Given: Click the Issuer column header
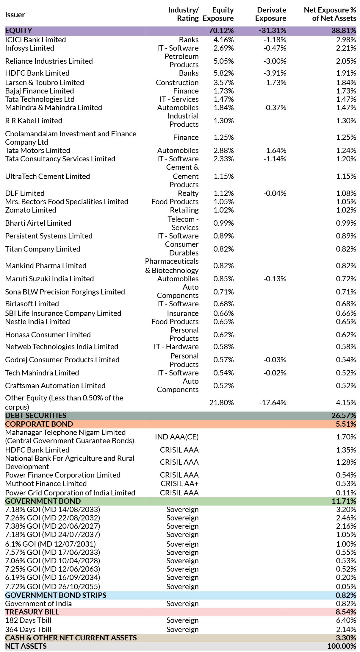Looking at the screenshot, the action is pyautogui.click(x=15, y=15).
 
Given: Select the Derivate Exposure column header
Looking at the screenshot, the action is pyautogui.click(x=271, y=14).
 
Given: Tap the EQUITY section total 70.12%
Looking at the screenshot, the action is pyautogui.click(x=221, y=30).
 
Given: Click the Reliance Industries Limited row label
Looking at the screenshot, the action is pyautogui.click(x=49, y=61).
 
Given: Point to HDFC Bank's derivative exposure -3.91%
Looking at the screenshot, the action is pyautogui.click(x=275, y=73).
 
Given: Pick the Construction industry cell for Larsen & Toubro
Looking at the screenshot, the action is pyautogui.click(x=177, y=82).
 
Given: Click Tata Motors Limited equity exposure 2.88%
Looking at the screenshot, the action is pyautogui.click(x=224, y=150).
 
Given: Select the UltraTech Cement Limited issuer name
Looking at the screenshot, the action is pyautogui.click(x=48, y=176).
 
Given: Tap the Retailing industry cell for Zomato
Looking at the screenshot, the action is pyautogui.click(x=184, y=210).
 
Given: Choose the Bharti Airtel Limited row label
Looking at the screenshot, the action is pyautogui.click(x=38, y=223).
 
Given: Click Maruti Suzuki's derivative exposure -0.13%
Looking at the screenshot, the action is pyautogui.click(x=275, y=279).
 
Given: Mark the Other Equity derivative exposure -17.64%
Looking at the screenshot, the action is pyautogui.click(x=273, y=403).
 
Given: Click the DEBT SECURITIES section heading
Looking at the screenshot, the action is pyautogui.click(x=36, y=415).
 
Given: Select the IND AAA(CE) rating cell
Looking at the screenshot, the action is pyautogui.click(x=177, y=437).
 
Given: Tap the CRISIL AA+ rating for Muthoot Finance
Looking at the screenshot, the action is pyautogui.click(x=179, y=483).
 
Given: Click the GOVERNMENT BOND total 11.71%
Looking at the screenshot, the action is pyautogui.click(x=344, y=501).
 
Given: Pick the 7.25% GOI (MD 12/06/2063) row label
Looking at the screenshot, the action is pyautogui.click(x=53, y=569).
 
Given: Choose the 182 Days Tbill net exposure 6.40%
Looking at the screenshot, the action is pyautogui.click(x=346, y=620).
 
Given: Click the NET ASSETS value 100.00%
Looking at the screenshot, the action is pyautogui.click(x=342, y=646).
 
